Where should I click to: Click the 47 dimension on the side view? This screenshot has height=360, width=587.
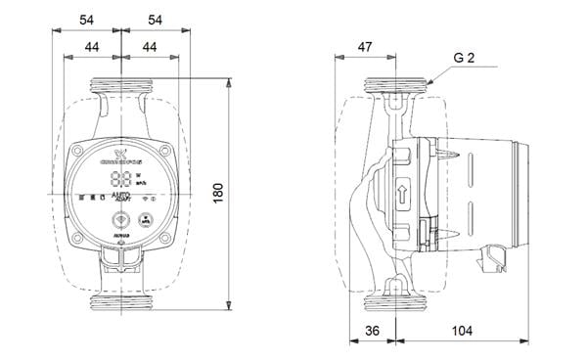pos(364,46)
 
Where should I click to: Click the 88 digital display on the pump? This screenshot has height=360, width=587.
pos(122,179)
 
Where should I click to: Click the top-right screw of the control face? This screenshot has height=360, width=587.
pos(162,154)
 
